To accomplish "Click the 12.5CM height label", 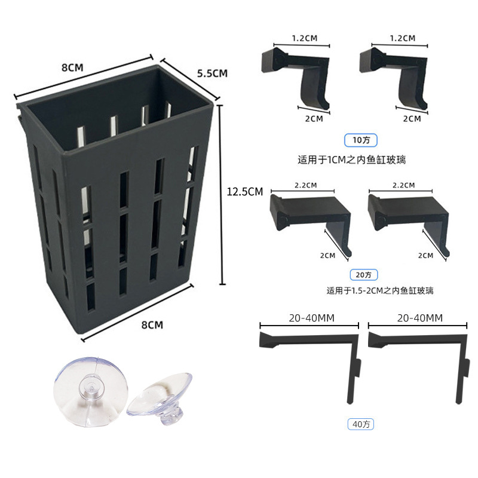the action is (244, 191).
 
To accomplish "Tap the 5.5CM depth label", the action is (212, 73).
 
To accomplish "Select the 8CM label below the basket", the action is (152, 325).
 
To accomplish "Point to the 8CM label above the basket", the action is (72, 68).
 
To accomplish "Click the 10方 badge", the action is (361, 140).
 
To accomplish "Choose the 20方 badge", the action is (364, 275).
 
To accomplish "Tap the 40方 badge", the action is (361, 424).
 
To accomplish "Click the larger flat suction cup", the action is (91, 392).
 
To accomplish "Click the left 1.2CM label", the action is (305, 38).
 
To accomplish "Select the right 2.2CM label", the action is (404, 185).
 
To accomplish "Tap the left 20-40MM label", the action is (311, 318).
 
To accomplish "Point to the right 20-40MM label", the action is (420, 318).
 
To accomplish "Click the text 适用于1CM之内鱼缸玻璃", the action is (352, 160).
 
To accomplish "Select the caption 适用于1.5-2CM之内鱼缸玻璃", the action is (380, 290).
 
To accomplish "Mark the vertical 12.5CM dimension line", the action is (222, 195).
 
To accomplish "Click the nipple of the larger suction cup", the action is (91, 390).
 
